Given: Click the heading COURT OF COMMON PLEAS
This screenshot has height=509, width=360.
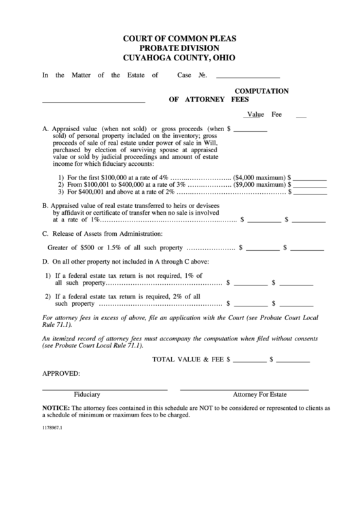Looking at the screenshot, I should [179, 39].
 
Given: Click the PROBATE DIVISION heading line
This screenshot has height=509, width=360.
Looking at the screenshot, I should [179, 48].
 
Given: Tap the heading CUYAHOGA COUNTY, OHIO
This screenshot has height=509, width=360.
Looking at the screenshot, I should [179, 58].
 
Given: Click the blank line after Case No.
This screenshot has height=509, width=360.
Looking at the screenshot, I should [247, 77].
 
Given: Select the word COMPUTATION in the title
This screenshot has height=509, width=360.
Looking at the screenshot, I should [262, 90].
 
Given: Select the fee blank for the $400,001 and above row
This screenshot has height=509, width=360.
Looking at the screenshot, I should [310, 192].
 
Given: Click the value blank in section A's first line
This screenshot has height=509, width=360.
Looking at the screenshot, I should [251, 129].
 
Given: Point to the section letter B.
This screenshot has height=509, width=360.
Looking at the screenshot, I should [45, 205].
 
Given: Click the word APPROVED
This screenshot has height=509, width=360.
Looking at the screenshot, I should [61, 373].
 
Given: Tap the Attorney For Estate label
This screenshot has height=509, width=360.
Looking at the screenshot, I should [259, 395].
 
